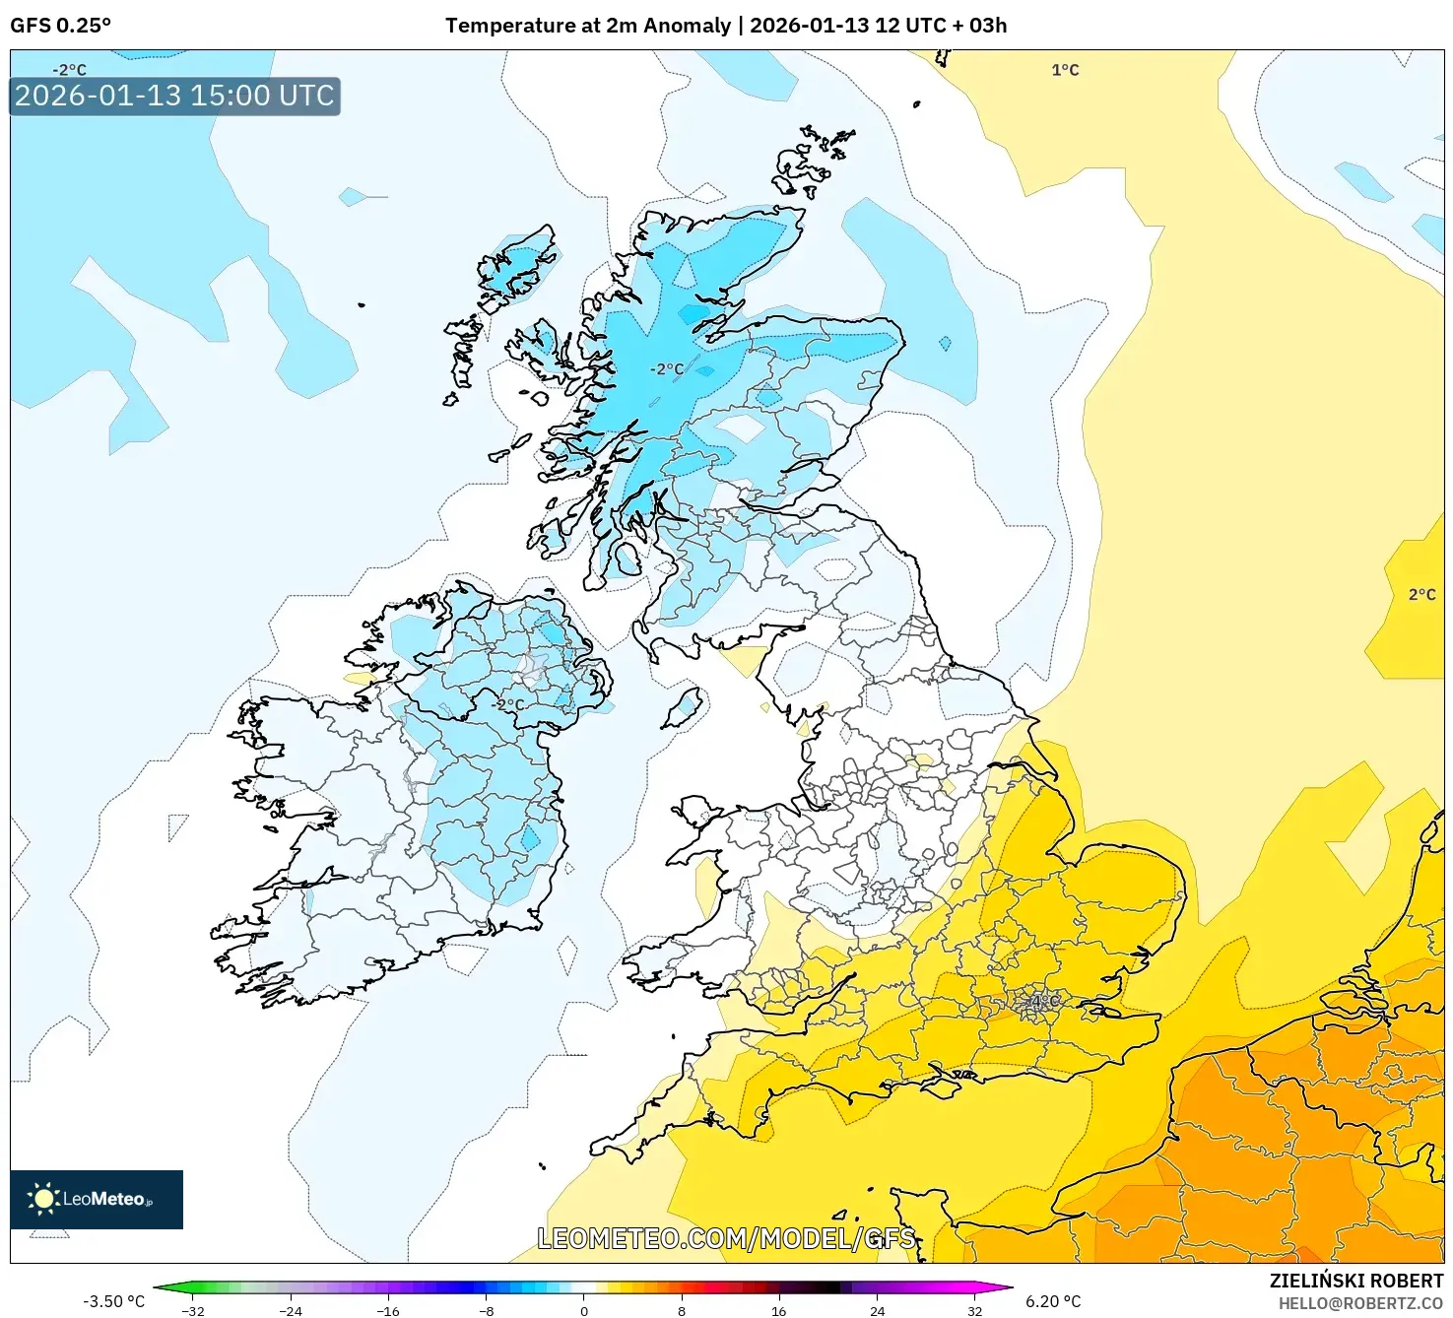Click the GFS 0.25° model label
60,26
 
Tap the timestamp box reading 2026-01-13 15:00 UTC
174,97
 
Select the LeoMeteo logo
97,1199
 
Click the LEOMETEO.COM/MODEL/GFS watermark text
726,1238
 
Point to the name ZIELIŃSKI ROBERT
1355,1281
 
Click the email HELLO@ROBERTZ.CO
1360,1303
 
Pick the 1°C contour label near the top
1065,70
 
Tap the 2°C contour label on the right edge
1421,594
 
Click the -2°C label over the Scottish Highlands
666,369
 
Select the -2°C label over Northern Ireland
508,704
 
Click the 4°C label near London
1044,1002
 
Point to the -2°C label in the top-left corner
69,70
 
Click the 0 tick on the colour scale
583,1310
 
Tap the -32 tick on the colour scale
193,1310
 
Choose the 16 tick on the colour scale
778,1310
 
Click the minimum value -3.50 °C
113,1301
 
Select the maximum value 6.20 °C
1053,1301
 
